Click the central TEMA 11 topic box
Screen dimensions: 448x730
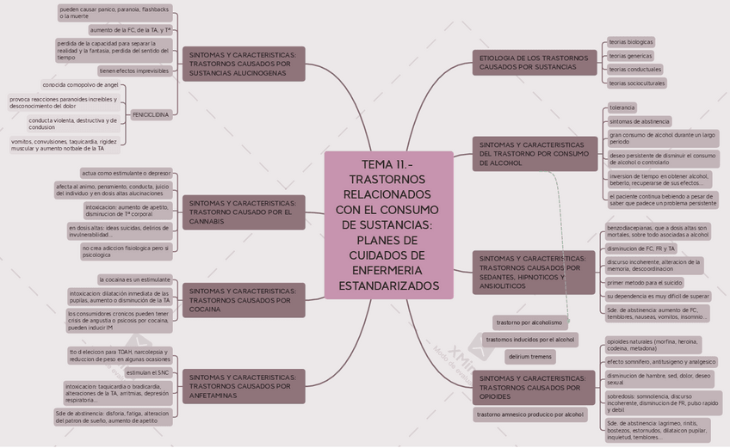tap(389, 225)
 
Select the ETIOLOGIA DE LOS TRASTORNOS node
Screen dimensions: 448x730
tap(534, 62)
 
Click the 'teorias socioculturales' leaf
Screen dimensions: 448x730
tap(637, 83)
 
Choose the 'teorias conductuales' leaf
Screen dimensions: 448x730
tap(634, 69)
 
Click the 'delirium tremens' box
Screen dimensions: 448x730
tap(530, 356)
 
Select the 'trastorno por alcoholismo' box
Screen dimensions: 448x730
tap(529, 322)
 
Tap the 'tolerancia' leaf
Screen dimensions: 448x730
tap(622, 107)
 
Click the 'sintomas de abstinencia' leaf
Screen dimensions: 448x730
tap(640, 121)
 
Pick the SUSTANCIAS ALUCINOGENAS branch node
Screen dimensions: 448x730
tap(244, 64)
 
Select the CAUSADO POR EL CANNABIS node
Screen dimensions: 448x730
tap(244, 212)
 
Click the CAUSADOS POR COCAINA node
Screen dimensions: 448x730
tap(244, 300)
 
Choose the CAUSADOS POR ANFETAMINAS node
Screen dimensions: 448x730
tap(244, 386)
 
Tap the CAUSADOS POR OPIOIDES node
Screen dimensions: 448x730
tap(534, 387)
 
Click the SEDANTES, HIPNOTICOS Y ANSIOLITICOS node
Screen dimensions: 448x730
tap(534, 272)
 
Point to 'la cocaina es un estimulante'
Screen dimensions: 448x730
tap(134, 279)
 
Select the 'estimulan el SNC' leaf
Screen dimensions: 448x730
tap(148, 373)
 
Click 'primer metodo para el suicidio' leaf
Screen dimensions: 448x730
tap(645, 282)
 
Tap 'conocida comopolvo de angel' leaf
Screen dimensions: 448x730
tap(81, 85)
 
